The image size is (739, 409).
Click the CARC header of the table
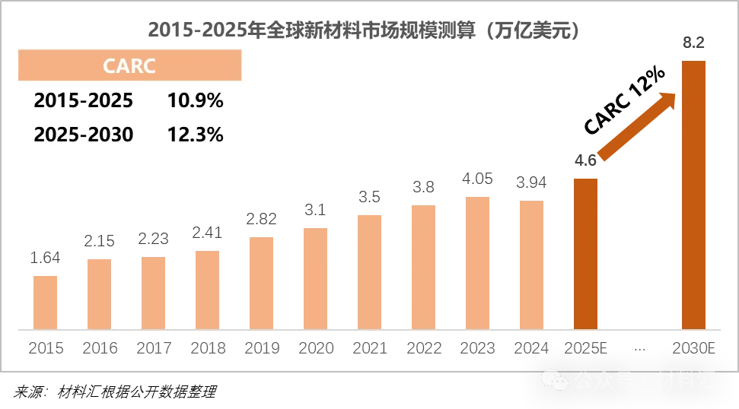[129, 66]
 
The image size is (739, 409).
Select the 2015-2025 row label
[84, 100]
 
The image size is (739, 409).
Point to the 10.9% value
[195, 100]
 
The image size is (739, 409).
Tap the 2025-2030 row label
[84, 135]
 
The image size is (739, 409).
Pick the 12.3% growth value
[195, 135]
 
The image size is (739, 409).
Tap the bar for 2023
[478, 262]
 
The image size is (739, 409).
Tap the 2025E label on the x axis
[586, 350]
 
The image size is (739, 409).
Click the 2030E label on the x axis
[693, 350]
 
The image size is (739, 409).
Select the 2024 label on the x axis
[532, 350]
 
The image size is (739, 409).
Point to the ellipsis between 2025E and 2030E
[639, 350]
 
